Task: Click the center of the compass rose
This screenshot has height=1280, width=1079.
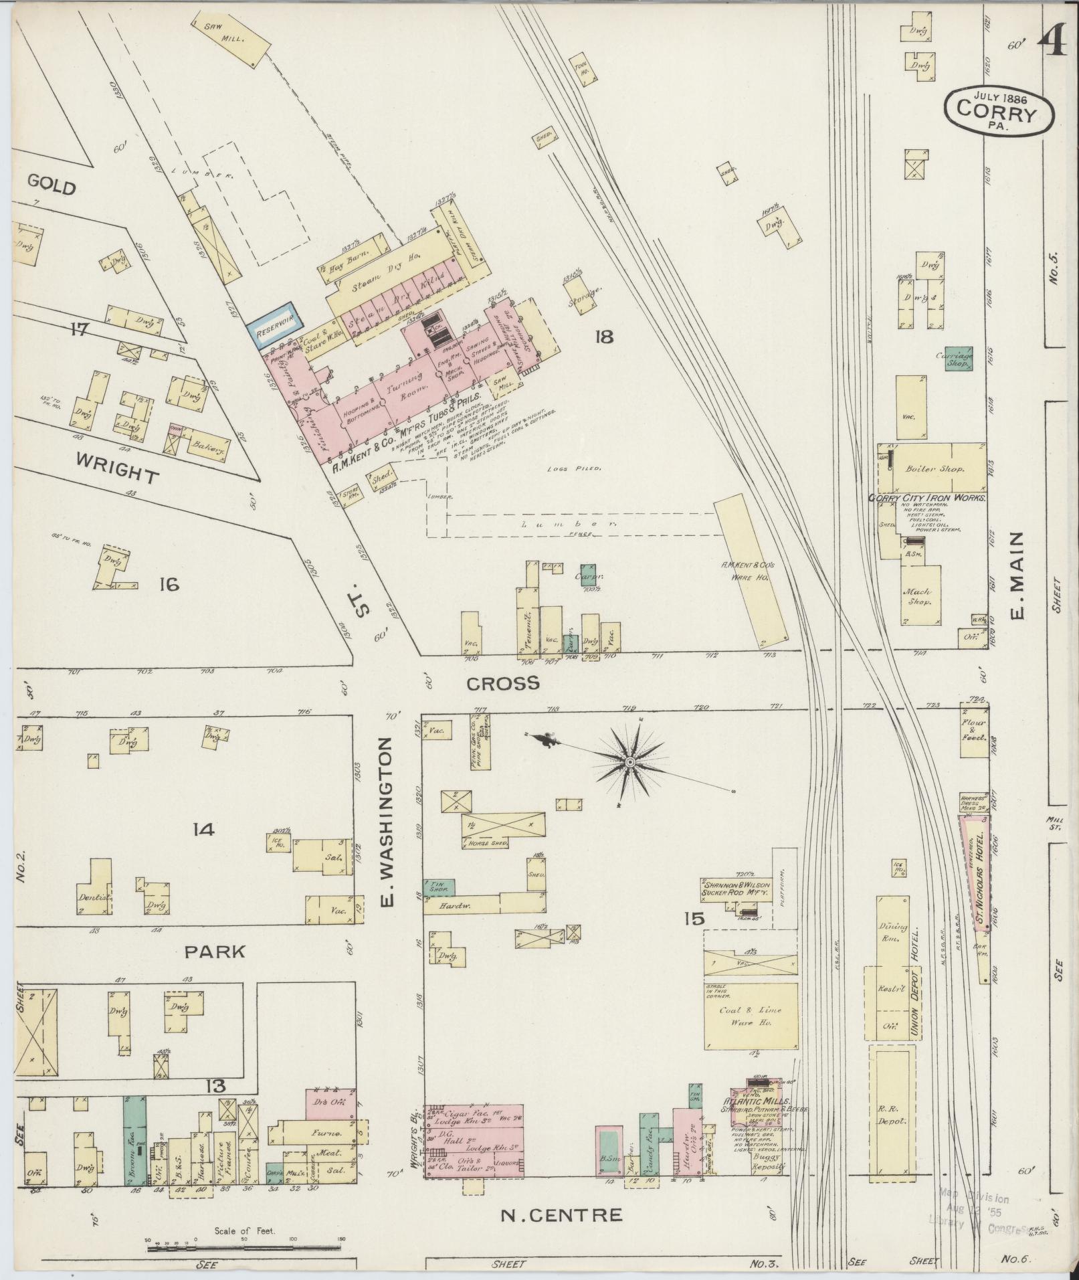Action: coord(629,762)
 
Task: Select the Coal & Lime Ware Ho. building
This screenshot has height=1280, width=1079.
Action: coord(750,1016)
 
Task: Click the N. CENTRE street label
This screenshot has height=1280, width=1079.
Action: coord(561,1214)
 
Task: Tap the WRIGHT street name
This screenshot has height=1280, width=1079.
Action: coord(117,467)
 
